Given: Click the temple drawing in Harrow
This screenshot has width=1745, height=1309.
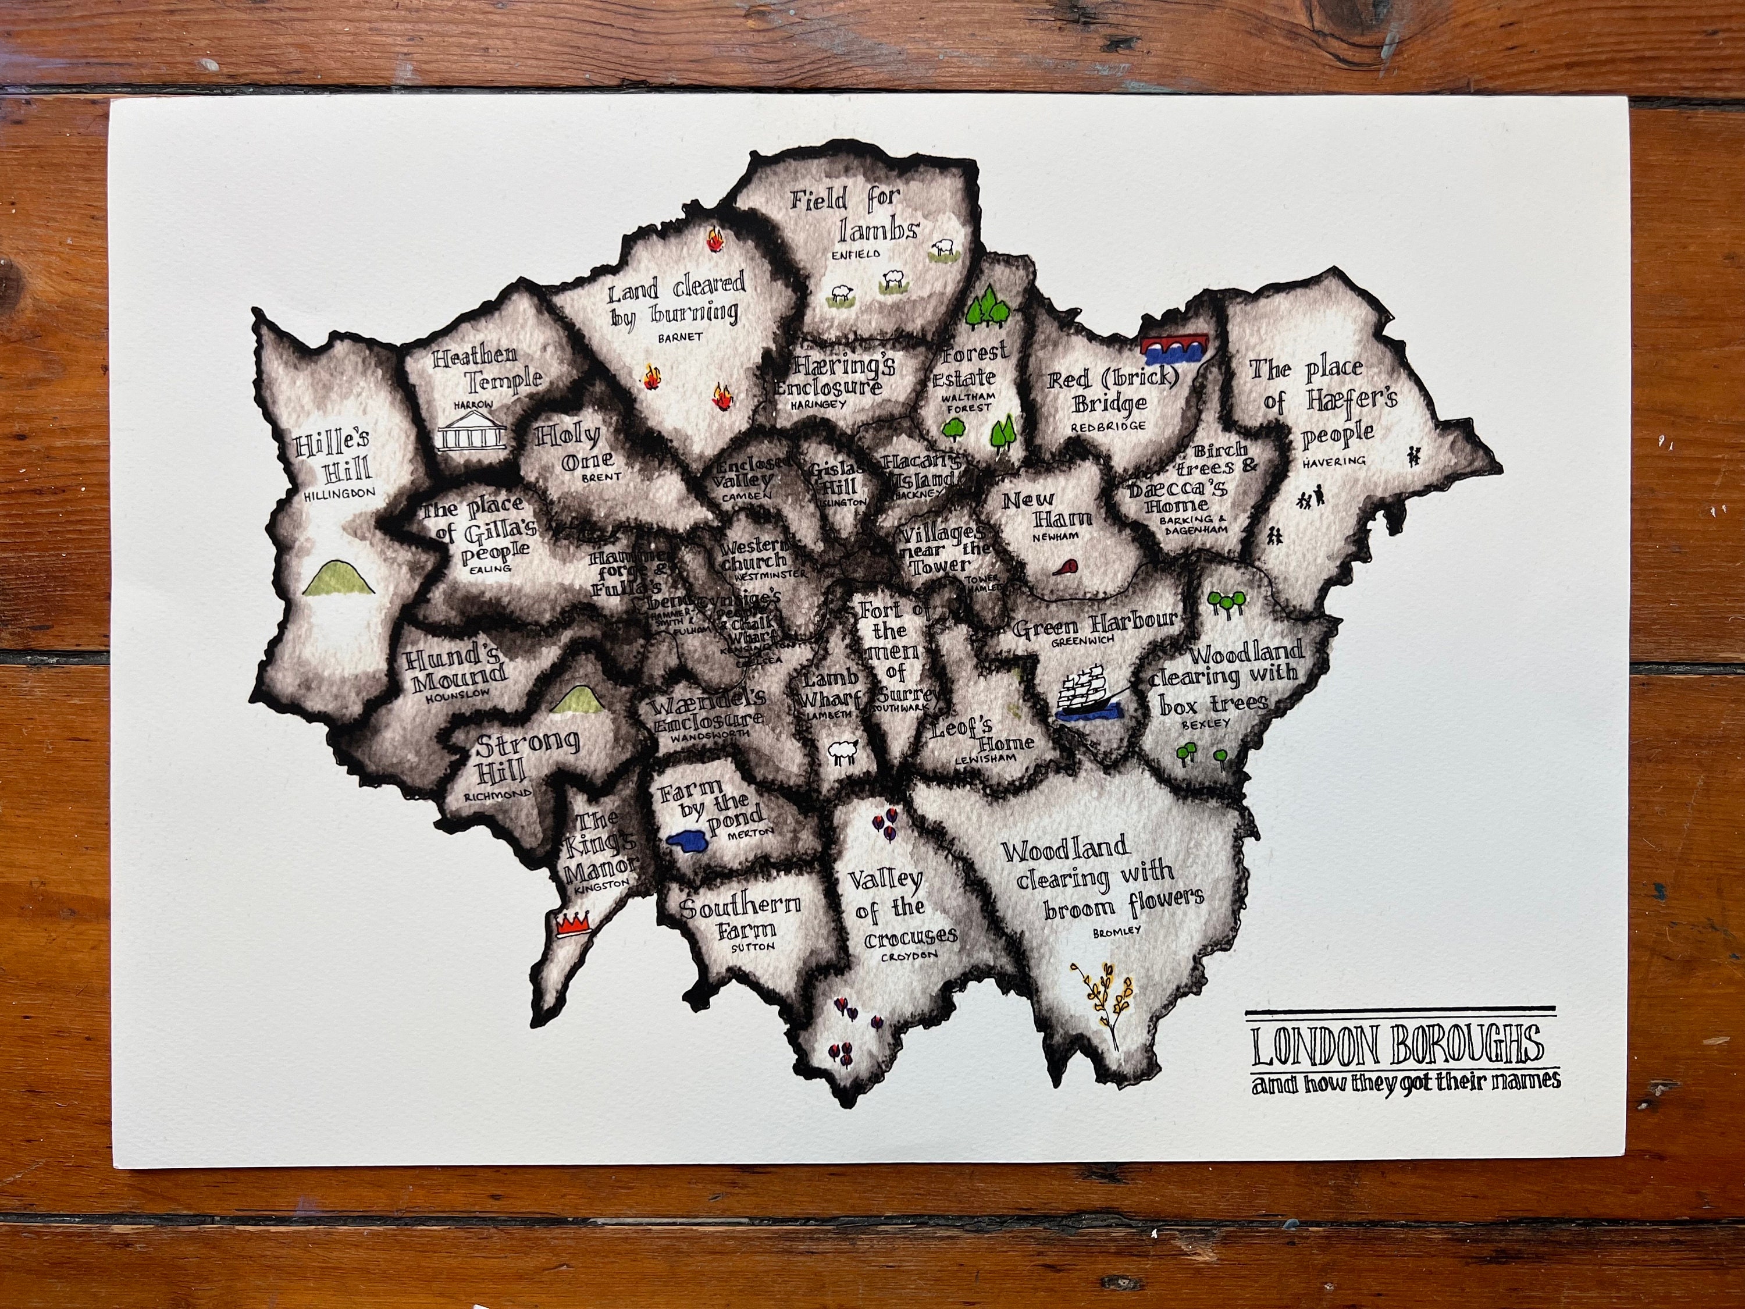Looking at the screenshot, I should (x=472, y=432).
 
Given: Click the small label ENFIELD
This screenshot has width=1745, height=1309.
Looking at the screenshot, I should (x=857, y=255).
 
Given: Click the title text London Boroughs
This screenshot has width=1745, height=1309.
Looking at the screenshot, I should (x=1397, y=1046).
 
